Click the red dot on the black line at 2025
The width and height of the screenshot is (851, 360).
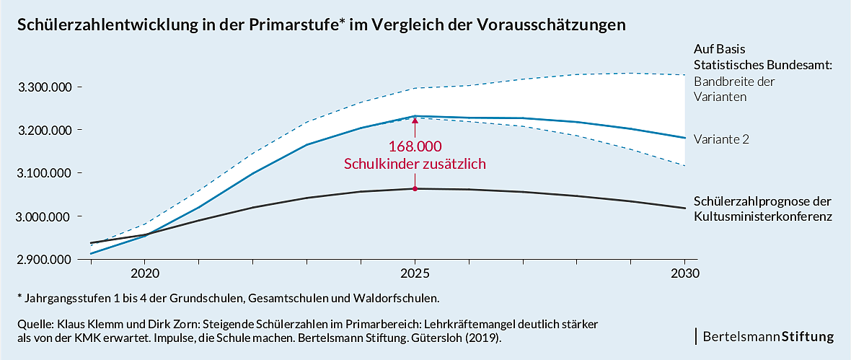pyautogui.click(x=415, y=189)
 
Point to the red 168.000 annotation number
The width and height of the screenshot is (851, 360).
pyautogui.click(x=415, y=146)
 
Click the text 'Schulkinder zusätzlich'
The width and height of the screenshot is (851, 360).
pyautogui.click(x=415, y=164)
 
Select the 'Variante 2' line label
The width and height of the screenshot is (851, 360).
pyautogui.click(x=721, y=139)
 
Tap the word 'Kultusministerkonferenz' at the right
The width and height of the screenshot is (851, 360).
pyautogui.click(x=763, y=216)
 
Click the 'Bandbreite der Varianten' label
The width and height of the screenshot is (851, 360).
pyautogui.click(x=734, y=88)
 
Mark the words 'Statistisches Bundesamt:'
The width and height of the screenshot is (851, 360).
pyautogui.click(x=763, y=65)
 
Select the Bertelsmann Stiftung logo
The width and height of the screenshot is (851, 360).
pyautogui.click(x=767, y=336)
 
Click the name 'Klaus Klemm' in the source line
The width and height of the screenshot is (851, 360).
pyautogui.click(x=88, y=325)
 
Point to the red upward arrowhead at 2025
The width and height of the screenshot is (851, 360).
pyautogui.click(x=415, y=120)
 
